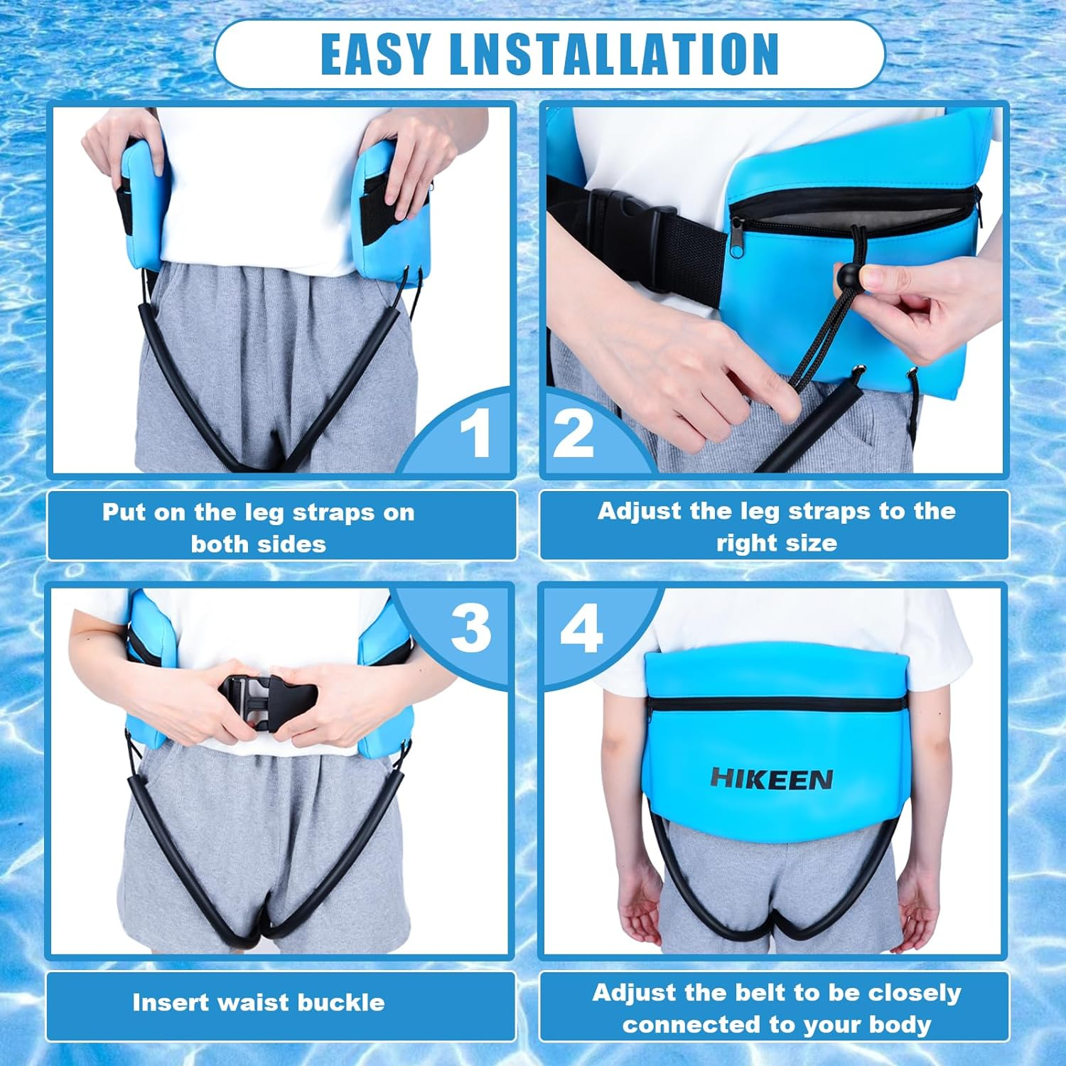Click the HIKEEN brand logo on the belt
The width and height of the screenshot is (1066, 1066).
pyautogui.click(x=771, y=779)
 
